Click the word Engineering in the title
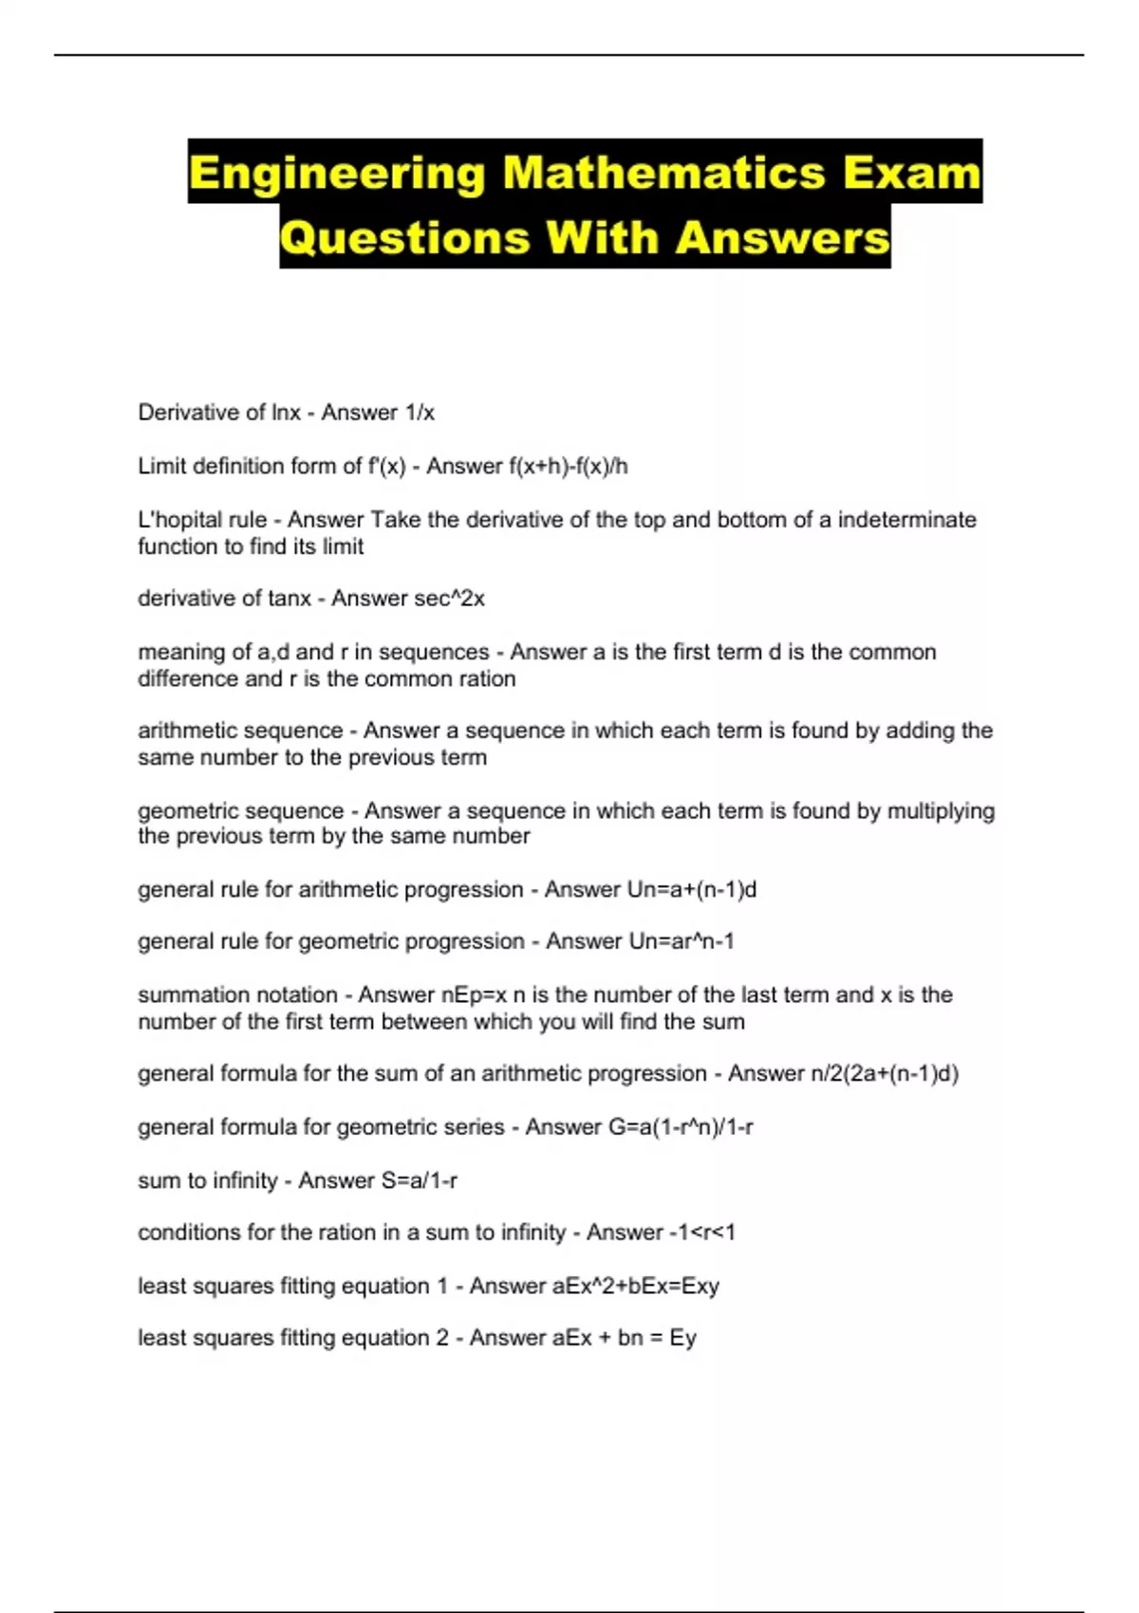point(337,174)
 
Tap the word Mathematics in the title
point(663,174)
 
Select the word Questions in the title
point(405,237)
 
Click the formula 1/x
point(420,413)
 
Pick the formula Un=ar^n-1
point(682,941)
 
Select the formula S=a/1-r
point(419,1181)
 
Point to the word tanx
point(289,599)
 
